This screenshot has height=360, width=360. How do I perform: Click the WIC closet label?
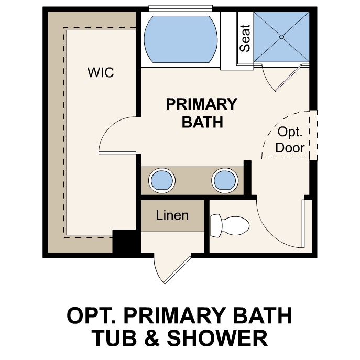[x=101, y=72]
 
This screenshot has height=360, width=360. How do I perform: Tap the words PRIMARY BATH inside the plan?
[x=201, y=113]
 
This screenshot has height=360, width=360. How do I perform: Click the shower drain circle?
[x=281, y=37]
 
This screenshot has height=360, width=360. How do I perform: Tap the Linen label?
[x=172, y=215]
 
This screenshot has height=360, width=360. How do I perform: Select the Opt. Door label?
[x=290, y=139]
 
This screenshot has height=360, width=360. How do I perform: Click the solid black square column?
[x=125, y=242]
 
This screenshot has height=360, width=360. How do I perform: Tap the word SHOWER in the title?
[x=222, y=338]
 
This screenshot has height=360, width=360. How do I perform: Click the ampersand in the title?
[x=152, y=338]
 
